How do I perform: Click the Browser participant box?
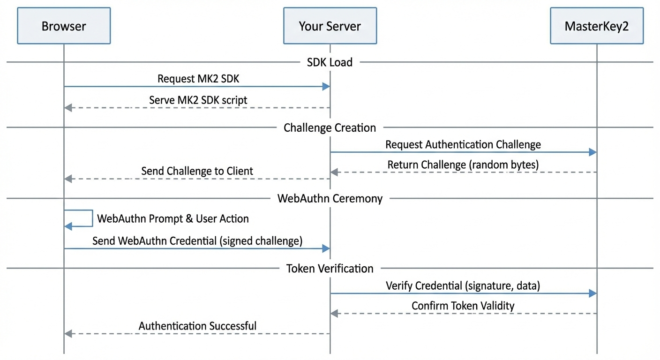pos(64,26)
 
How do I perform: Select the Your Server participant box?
pos(330,26)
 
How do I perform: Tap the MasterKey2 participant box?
pos(596,26)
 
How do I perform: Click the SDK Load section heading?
pos(330,62)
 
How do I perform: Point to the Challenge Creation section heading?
pos(330,127)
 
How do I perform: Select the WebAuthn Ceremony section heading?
pos(330,198)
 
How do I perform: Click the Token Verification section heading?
pos(330,269)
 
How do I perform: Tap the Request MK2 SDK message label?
pos(198,79)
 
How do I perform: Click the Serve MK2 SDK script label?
pos(198,100)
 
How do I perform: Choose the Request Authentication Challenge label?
pos(463,144)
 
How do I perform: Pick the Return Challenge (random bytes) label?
pos(463,165)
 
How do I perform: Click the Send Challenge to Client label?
pos(197,171)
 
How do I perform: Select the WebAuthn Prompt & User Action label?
pos(172,218)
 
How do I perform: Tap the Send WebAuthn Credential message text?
pos(197,241)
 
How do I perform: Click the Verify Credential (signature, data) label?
pos(463,285)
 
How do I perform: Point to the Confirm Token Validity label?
pos(463,306)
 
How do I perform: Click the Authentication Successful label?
pos(197,326)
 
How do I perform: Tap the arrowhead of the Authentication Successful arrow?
pos(68,334)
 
